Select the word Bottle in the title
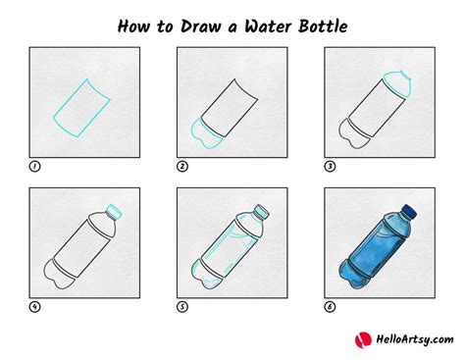click(x=323, y=26)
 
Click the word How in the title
click(x=133, y=26)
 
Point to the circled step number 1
click(x=35, y=167)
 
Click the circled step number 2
click(x=182, y=167)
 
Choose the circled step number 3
click(x=330, y=167)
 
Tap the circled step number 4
click(x=35, y=307)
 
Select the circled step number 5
click(x=182, y=307)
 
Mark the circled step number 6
click(x=330, y=307)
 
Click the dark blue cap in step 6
click(x=409, y=211)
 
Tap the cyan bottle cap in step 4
click(x=114, y=211)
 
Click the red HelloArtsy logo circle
click(x=363, y=339)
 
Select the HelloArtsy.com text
click(x=415, y=339)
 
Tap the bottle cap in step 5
click(x=262, y=211)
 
